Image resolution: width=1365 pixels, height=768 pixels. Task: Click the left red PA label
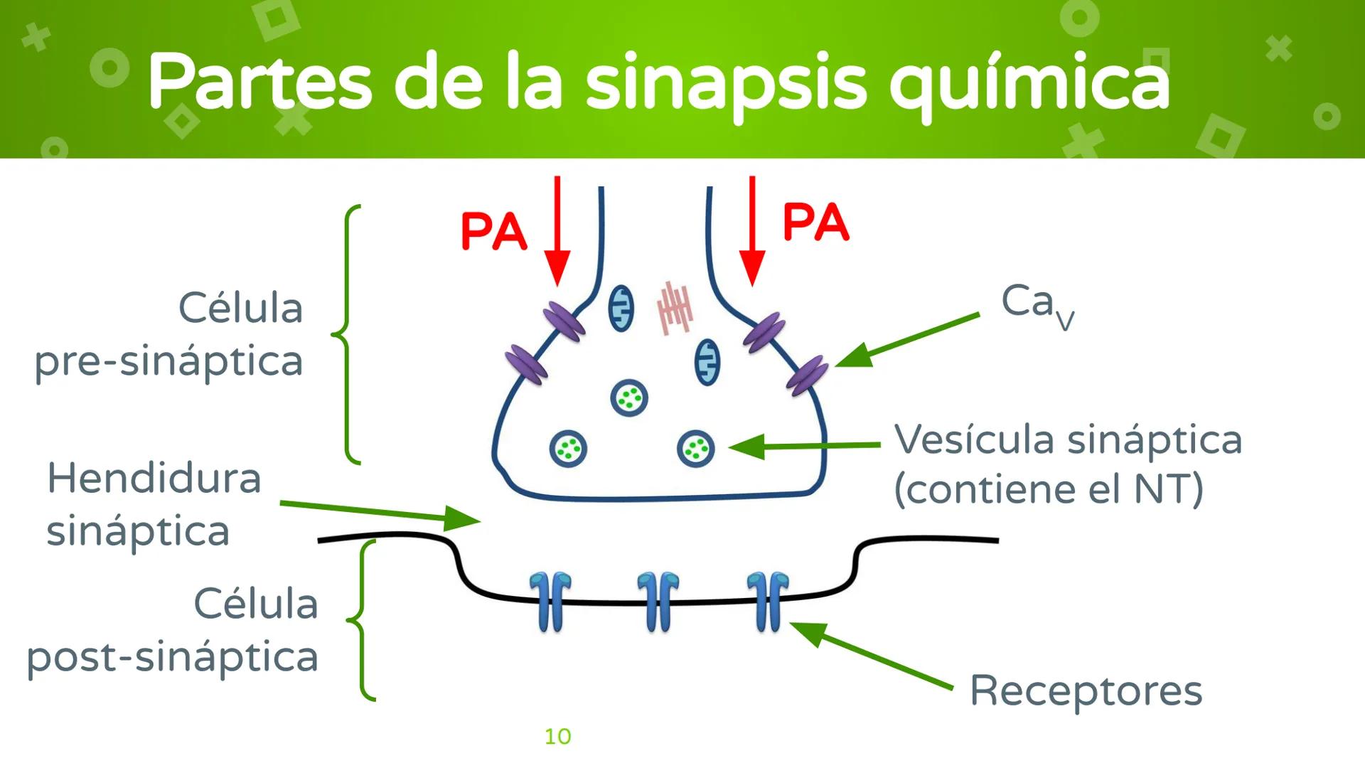pos(493,231)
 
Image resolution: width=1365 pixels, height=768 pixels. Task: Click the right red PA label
pos(815,222)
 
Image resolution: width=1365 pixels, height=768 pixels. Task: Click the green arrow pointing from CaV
pos(907,340)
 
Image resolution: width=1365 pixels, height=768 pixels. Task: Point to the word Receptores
pos(1086,690)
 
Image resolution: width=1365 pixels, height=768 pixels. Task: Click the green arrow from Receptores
pos(871,656)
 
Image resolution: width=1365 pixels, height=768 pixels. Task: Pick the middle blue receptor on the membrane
pos(658,602)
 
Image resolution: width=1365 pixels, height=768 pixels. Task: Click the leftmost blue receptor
pos(550,602)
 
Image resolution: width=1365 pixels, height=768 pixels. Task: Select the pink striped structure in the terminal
pos(674,307)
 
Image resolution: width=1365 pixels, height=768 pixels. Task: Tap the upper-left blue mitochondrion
pos(621,309)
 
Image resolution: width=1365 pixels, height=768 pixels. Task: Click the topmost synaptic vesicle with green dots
pos(629,398)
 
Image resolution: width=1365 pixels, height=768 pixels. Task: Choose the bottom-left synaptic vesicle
pos(568,449)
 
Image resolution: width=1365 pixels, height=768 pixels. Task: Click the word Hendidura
pos(154,478)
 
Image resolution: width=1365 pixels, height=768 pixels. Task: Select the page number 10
pos(557,737)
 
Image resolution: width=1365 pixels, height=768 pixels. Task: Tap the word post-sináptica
pos(173,656)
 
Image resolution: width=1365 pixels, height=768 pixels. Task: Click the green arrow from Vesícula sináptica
pos(803,447)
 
